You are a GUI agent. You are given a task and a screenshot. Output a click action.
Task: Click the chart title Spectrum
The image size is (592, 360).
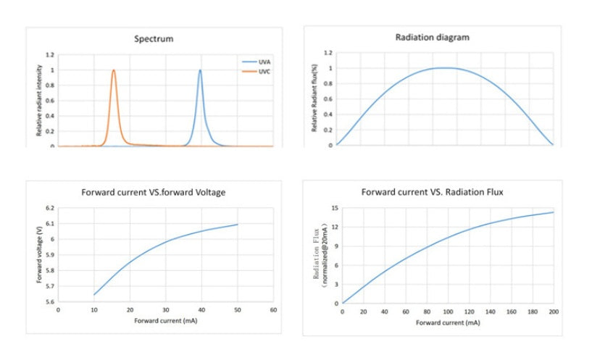click(x=153, y=38)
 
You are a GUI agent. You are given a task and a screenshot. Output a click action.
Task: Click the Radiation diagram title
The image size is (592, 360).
click(x=432, y=36)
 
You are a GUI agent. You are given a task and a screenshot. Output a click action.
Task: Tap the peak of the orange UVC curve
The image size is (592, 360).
click(x=114, y=70)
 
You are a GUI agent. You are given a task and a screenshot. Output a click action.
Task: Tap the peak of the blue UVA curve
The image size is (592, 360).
click(x=200, y=70)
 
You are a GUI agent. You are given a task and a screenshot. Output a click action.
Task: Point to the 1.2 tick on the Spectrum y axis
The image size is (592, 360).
click(x=50, y=55)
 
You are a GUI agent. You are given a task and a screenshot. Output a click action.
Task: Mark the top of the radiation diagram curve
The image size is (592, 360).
click(x=443, y=68)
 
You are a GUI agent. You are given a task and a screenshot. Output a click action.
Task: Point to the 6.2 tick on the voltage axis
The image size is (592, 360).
click(x=49, y=209)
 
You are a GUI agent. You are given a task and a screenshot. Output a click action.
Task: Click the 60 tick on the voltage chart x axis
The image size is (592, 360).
click(x=273, y=310)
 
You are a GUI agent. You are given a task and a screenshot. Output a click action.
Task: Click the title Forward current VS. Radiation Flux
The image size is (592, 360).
click(x=433, y=192)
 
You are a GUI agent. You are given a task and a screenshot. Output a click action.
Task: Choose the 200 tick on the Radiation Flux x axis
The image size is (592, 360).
click(x=554, y=311)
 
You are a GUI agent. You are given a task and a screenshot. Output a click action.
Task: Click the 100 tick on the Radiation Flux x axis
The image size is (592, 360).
click(x=448, y=311)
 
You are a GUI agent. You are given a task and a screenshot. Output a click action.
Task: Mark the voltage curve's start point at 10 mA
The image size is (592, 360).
click(x=94, y=295)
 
